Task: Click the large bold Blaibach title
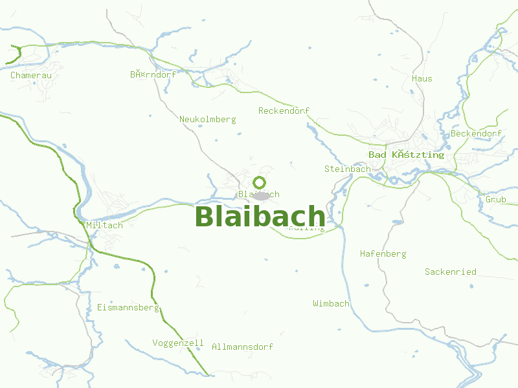click(x=260, y=217)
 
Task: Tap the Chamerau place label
click(x=31, y=76)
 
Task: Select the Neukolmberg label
click(x=207, y=120)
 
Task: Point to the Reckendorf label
click(x=284, y=111)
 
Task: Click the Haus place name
click(x=422, y=79)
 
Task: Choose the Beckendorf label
click(x=476, y=134)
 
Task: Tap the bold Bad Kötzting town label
click(x=406, y=155)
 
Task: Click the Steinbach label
click(x=347, y=169)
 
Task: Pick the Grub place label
click(x=495, y=200)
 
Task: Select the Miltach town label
click(x=104, y=226)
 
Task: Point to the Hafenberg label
click(x=383, y=254)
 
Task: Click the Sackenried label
click(x=450, y=272)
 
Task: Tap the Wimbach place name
click(x=331, y=303)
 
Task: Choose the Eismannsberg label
click(x=128, y=308)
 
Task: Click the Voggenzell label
click(x=178, y=343)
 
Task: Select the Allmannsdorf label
click(x=242, y=347)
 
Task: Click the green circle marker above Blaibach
click(x=260, y=182)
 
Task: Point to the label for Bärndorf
click(x=153, y=75)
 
